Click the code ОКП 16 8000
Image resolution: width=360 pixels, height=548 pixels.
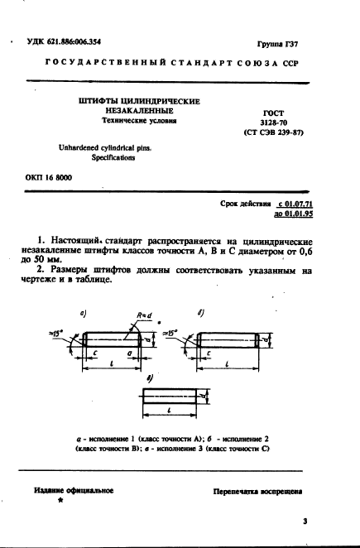(x=45, y=178)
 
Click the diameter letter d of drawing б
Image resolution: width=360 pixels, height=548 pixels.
(x=275, y=339)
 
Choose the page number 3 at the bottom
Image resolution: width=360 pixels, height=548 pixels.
(x=305, y=522)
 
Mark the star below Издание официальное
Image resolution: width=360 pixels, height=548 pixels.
(x=60, y=502)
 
